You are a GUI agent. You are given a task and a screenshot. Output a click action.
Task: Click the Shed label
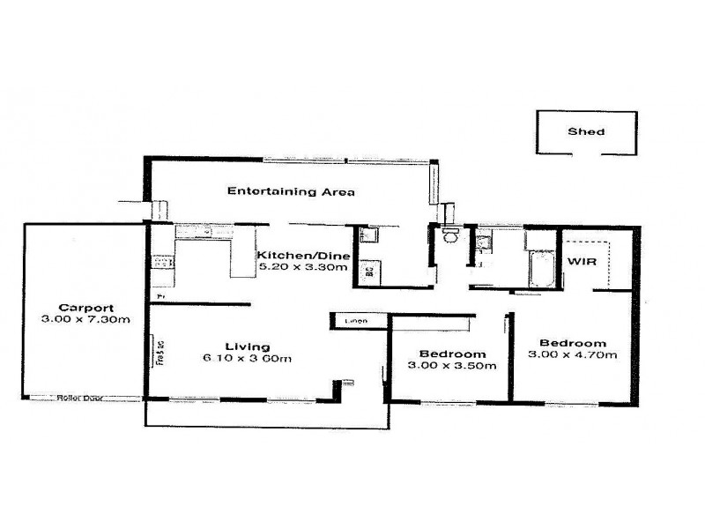[585, 132]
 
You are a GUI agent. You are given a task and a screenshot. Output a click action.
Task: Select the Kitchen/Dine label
[303, 256]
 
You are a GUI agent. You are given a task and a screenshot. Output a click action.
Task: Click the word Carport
[84, 307]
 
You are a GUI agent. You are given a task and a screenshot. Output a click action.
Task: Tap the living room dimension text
[247, 358]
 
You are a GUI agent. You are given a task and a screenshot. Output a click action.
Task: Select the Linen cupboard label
[356, 321]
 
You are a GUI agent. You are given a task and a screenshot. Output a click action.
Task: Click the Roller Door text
[79, 398]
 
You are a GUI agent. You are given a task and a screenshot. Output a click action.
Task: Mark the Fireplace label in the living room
[160, 353]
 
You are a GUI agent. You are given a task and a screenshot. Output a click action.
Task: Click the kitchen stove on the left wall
[161, 261]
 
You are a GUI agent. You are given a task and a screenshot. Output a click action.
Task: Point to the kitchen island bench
[242, 260]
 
